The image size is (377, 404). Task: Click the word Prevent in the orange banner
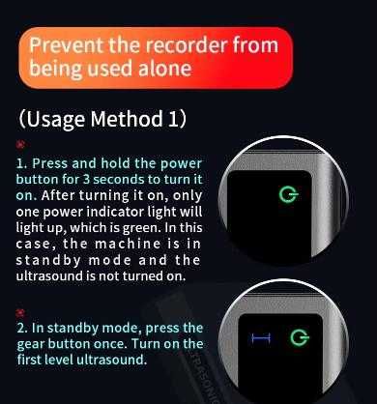(x=67, y=45)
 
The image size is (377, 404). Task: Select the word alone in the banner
(x=164, y=69)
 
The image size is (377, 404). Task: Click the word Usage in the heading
(x=55, y=120)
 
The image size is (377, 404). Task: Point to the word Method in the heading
(x=127, y=119)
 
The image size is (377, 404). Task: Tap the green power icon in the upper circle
(x=288, y=194)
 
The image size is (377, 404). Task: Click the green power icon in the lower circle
(x=300, y=337)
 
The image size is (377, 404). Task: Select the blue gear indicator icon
(x=261, y=338)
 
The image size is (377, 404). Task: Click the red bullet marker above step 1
(x=20, y=144)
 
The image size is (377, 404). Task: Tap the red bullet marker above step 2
(x=20, y=312)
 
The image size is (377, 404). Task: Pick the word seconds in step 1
(x=119, y=180)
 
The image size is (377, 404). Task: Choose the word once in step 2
(x=111, y=344)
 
